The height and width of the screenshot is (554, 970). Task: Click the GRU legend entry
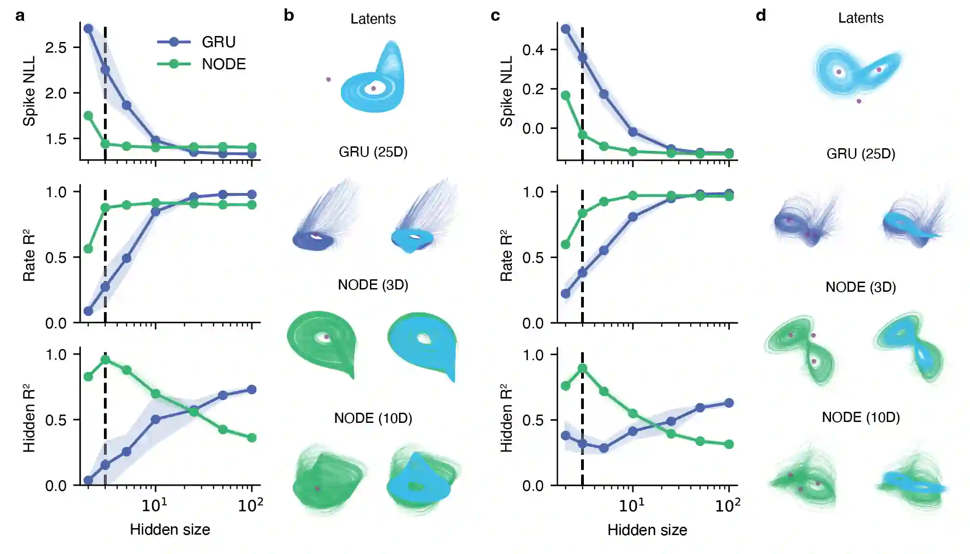(218, 42)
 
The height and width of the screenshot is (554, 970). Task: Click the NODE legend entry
(224, 64)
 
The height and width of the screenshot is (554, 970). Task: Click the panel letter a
(20, 16)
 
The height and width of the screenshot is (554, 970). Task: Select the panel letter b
(289, 16)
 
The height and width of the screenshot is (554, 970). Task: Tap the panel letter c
(495, 16)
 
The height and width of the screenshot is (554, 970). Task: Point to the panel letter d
(761, 16)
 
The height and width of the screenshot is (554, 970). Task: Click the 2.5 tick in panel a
(56, 48)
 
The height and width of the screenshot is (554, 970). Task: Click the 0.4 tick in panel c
(533, 50)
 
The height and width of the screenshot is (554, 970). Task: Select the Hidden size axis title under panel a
(170, 530)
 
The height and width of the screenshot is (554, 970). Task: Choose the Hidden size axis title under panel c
(647, 530)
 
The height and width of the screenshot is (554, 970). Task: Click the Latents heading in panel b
(373, 19)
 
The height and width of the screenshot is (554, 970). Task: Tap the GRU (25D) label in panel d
(861, 154)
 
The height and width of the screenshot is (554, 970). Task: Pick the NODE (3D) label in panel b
(373, 285)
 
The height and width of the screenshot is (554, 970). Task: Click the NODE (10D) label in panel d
(861, 417)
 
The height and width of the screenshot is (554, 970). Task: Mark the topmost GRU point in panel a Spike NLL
(88, 29)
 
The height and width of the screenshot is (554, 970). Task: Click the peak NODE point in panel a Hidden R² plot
(105, 359)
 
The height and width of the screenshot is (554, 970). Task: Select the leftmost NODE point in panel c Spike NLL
(565, 96)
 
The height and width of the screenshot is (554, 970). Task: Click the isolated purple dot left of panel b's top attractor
(328, 79)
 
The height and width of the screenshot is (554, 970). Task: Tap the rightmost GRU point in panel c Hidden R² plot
(729, 403)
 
